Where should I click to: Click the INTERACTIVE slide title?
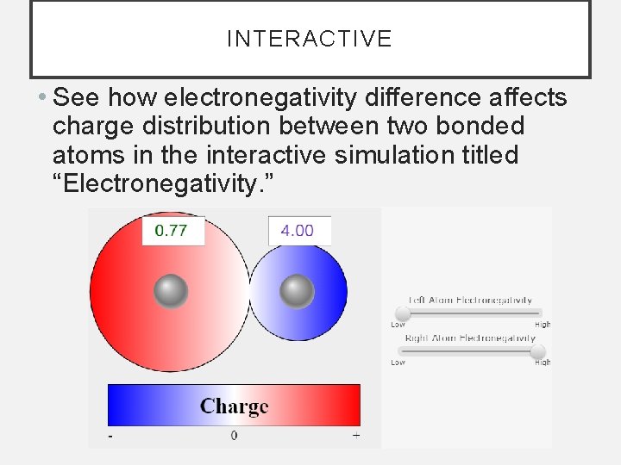[x=309, y=39]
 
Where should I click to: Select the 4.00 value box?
[x=298, y=231]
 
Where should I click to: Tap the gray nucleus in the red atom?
[x=171, y=291]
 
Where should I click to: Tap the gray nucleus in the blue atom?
[x=298, y=291]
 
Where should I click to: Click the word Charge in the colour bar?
[x=234, y=406]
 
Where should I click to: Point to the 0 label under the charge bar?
[x=234, y=436]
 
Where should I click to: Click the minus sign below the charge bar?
[x=110, y=437]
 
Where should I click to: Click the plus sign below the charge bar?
[x=356, y=436]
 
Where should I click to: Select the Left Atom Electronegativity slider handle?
[x=402, y=313]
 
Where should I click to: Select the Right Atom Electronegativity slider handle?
[x=537, y=351]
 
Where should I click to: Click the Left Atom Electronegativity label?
[x=470, y=300]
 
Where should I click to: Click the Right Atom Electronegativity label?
[x=470, y=338]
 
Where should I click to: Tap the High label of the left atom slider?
[x=542, y=325]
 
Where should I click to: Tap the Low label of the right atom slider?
[x=398, y=363]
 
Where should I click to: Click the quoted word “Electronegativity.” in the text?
[x=165, y=185]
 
